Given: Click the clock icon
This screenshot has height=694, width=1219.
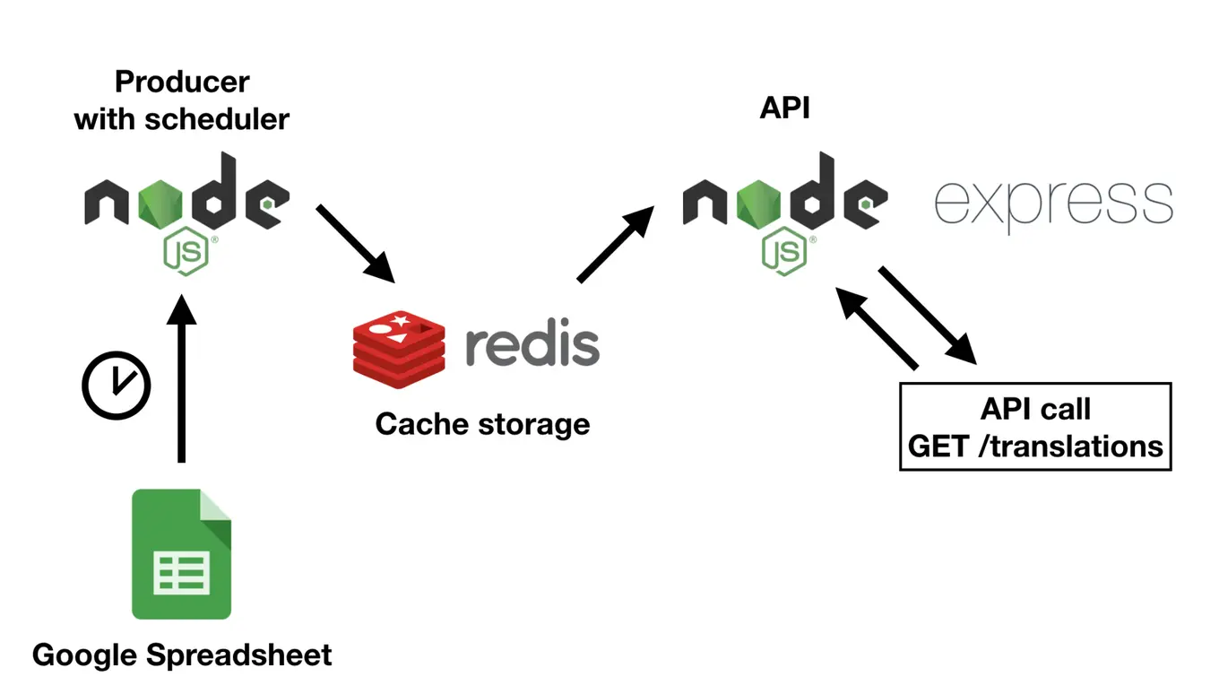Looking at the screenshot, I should tap(117, 386).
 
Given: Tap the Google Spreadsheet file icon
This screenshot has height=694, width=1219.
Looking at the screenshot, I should tap(181, 554).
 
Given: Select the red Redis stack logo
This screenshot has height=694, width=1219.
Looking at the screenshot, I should tap(399, 344).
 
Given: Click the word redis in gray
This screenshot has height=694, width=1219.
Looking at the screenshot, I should tap(532, 344).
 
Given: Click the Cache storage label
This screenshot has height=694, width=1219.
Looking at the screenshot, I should tap(482, 423).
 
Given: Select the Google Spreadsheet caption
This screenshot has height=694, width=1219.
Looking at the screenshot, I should tap(182, 655).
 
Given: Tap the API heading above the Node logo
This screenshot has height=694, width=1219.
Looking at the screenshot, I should tap(784, 108).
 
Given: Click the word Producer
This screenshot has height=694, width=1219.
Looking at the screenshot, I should tap(182, 82).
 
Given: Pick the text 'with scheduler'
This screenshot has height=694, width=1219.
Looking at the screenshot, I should tap(182, 118).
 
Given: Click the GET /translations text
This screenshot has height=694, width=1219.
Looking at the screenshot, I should tap(1035, 446).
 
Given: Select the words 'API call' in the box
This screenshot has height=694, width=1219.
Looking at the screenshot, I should tap(1035, 409).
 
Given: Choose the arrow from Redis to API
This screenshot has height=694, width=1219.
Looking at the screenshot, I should tap(616, 243).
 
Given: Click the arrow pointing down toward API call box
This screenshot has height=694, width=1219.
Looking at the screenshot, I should tap(927, 314).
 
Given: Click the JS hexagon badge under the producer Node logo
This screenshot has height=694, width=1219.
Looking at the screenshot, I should tap(186, 252).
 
